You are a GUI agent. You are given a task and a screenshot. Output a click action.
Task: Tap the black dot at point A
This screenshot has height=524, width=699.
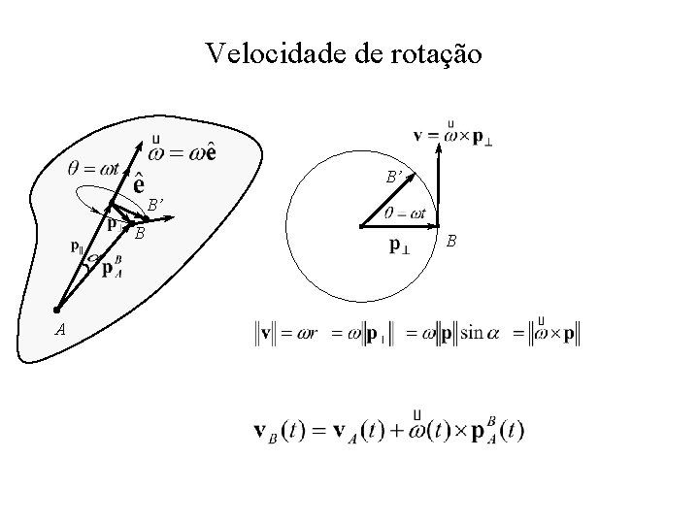(56, 310)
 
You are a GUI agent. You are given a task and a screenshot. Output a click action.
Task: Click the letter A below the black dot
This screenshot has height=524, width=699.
(60, 329)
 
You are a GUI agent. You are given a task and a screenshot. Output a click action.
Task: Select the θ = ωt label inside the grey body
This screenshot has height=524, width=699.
(94, 166)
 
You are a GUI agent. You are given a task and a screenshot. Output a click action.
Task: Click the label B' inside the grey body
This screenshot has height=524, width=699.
(154, 205)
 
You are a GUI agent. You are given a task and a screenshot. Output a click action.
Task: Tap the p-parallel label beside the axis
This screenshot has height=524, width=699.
(77, 246)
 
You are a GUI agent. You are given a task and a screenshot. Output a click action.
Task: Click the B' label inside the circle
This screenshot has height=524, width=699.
(394, 178)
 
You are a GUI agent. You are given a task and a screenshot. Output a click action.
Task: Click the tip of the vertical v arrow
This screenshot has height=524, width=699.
(439, 153)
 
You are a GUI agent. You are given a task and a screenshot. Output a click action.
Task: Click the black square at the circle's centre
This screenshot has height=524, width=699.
(360, 226)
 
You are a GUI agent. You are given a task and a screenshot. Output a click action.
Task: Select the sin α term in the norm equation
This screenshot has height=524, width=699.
(477, 333)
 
